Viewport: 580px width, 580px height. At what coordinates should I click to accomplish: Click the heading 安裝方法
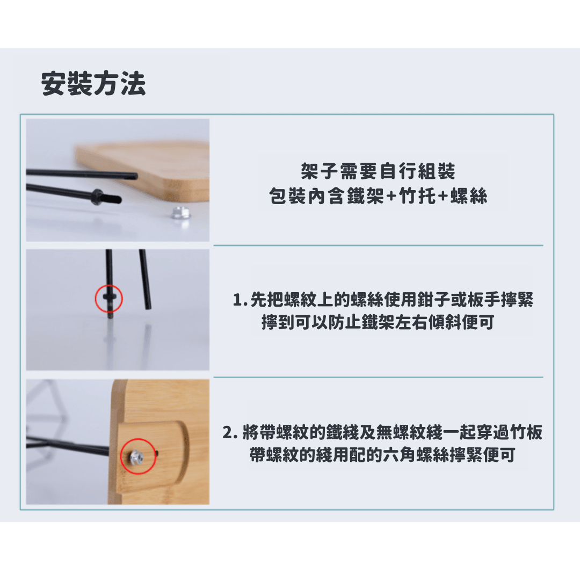(93, 84)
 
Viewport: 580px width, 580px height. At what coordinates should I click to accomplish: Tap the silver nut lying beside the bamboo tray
(180, 213)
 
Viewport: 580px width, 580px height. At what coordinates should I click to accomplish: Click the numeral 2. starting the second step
(230, 432)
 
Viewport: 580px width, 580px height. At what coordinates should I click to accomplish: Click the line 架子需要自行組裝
(378, 171)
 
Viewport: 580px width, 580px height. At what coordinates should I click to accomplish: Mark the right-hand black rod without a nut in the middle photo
(145, 279)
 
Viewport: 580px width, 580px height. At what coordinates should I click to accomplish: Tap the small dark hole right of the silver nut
(157, 452)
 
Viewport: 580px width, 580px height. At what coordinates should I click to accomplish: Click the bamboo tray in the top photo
(148, 170)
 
